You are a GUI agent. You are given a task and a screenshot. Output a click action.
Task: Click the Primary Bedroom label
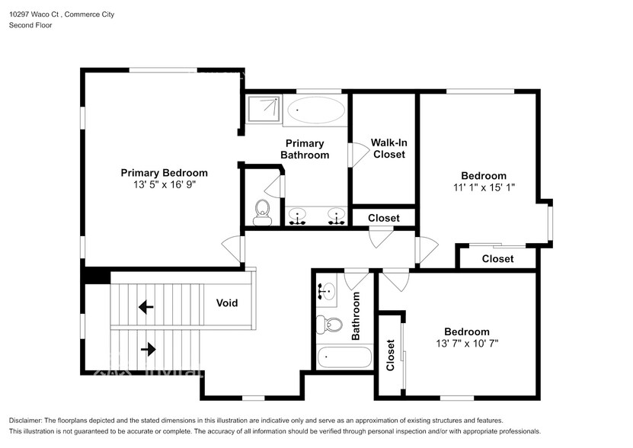click(164, 173)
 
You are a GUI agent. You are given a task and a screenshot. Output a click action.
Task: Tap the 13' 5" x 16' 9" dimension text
click(165, 184)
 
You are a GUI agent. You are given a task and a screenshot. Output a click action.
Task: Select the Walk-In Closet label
click(388, 149)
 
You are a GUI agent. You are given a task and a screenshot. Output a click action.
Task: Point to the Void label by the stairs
click(227, 303)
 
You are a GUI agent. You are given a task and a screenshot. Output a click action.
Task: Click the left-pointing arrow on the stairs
click(145, 307)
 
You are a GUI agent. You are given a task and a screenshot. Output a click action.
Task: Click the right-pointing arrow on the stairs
click(149, 349)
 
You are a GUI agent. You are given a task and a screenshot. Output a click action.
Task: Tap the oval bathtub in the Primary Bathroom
click(316, 110)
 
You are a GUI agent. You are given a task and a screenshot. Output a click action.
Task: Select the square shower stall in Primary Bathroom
click(264, 108)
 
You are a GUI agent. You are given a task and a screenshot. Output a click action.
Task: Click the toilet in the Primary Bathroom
click(262, 213)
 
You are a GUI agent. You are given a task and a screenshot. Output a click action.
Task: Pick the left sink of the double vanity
click(297, 216)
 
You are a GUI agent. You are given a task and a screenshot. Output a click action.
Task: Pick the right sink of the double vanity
click(336, 216)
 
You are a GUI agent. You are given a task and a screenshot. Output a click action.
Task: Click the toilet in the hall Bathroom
click(329, 325)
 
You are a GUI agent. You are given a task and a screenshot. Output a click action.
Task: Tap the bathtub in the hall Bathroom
click(344, 357)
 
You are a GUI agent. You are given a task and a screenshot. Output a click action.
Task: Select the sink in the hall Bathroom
click(328, 291)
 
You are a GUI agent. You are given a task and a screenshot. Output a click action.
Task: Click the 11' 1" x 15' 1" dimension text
click(484, 187)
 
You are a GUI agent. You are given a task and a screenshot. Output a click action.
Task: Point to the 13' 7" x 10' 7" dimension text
click(467, 344)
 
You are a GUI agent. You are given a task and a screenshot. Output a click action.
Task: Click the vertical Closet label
click(390, 355)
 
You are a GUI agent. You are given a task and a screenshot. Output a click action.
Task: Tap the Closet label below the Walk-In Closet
click(383, 218)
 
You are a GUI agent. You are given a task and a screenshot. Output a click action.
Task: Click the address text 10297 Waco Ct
click(35, 14)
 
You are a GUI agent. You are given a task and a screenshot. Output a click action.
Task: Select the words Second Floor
click(30, 25)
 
